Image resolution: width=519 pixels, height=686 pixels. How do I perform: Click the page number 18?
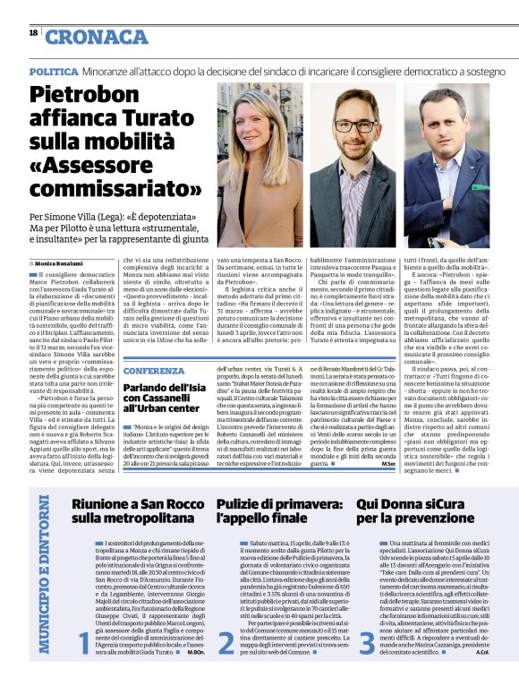click(x=33, y=32)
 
